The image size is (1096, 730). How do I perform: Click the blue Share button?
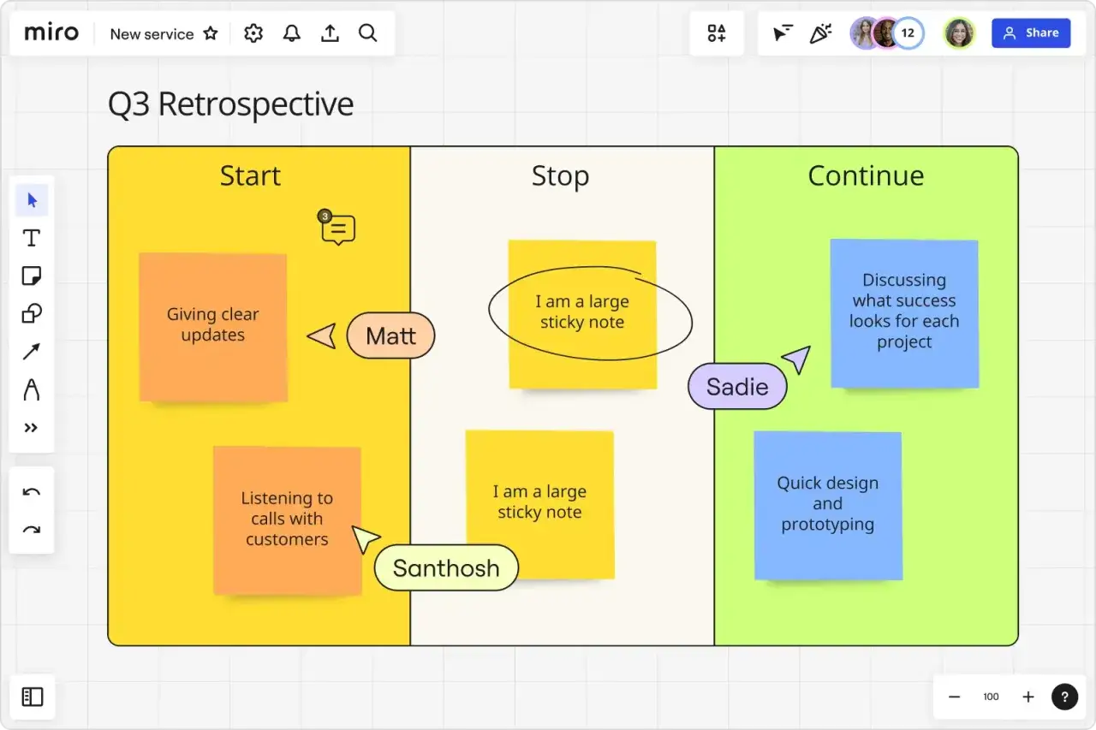pyautogui.click(x=1031, y=33)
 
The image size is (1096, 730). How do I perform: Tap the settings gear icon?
pyautogui.click(x=253, y=33)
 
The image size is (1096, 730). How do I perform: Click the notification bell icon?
pyautogui.click(x=292, y=33)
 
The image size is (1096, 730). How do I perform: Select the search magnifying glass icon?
pyautogui.click(x=368, y=33)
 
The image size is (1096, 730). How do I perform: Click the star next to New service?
pyautogui.click(x=211, y=33)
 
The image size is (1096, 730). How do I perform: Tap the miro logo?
pyautogui.click(x=51, y=33)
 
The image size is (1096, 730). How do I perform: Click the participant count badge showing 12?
pyautogui.click(x=908, y=33)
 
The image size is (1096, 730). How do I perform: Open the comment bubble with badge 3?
pyautogui.click(x=337, y=228)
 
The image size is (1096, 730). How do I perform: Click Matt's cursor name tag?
pyautogui.click(x=390, y=335)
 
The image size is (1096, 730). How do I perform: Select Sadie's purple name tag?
pyautogui.click(x=737, y=386)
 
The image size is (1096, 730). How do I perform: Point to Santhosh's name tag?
pyautogui.click(x=446, y=567)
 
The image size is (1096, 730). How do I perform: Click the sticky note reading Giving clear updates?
pyautogui.click(x=213, y=327)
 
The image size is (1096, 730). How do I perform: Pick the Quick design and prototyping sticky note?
pyautogui.click(x=828, y=505)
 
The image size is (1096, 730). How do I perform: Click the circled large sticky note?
pyautogui.click(x=582, y=314)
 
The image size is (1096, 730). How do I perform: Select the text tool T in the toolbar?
pyautogui.click(x=32, y=238)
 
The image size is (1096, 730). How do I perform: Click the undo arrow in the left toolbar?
pyautogui.click(x=32, y=492)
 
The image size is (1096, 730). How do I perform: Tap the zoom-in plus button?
pyautogui.click(x=1028, y=697)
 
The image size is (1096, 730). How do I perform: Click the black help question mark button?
pyautogui.click(x=1064, y=697)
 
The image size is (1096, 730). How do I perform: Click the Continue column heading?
pyautogui.click(x=866, y=175)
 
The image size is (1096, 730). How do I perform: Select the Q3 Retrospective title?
pyautogui.click(x=230, y=104)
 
